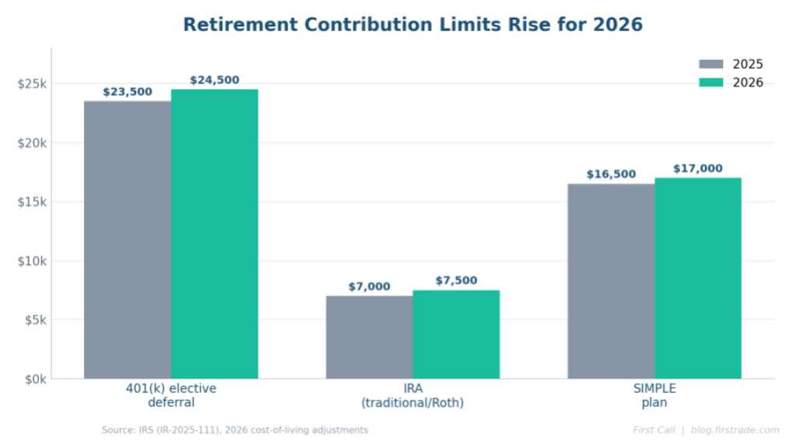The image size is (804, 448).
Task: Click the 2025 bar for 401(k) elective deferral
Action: (128, 240)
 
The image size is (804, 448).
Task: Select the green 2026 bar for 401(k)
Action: (215, 234)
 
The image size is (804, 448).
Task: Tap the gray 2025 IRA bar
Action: (369, 337)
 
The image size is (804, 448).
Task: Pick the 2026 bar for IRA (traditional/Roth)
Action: (456, 334)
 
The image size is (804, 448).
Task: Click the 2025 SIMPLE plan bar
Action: (611, 281)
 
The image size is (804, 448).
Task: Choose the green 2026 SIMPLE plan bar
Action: (698, 278)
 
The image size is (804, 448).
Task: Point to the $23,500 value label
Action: (128, 92)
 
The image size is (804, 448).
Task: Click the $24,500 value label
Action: (215, 80)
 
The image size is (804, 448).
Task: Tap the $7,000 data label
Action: (369, 287)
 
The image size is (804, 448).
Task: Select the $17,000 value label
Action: (698, 168)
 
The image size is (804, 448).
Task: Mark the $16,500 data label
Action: (611, 175)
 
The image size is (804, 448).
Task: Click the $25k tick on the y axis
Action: (32, 83)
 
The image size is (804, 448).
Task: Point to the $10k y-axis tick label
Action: (32, 261)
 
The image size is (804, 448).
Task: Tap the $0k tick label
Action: (35, 379)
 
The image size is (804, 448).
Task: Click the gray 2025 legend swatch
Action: (711, 64)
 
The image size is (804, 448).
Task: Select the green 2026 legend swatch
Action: (711, 83)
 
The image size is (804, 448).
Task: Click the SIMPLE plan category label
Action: (655, 396)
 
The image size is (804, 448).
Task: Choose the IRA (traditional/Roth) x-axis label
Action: (413, 396)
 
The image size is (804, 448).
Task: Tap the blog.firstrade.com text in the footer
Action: (735, 430)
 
